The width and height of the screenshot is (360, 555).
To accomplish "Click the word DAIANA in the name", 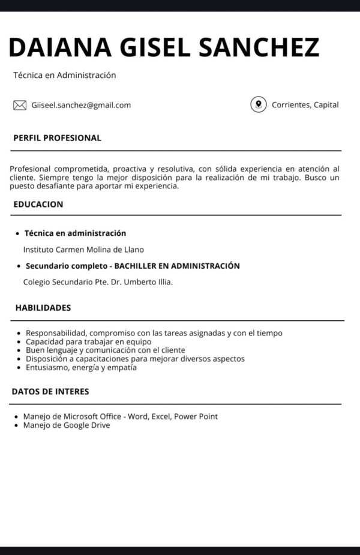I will [60, 47].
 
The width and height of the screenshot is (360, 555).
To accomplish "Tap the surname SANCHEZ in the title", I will [259, 47].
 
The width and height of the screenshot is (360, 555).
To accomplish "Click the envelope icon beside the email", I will [20, 106].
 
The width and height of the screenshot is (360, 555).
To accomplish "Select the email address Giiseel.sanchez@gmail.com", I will [81, 105].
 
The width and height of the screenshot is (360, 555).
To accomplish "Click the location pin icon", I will [258, 104].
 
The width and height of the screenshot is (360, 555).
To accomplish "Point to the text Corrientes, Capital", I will [305, 105].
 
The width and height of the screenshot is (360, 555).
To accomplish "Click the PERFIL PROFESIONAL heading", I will [57, 138].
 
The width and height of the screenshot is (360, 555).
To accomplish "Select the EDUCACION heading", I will [38, 204].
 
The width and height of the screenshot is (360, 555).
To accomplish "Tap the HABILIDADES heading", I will [43, 308].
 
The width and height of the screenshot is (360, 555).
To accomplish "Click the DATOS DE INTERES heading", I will [50, 392].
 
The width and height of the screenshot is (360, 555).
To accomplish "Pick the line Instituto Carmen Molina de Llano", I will [83, 250].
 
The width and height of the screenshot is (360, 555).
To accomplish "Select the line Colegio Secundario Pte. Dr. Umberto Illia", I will [98, 282].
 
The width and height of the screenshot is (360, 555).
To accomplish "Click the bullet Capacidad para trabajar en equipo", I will [88, 341].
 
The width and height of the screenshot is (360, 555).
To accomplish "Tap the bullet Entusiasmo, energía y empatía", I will [81, 367].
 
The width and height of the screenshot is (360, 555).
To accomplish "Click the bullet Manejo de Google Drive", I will [66, 425].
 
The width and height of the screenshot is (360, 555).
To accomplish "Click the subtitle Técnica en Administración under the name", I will [64, 76].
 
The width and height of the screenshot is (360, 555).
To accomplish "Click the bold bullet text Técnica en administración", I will [75, 233].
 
